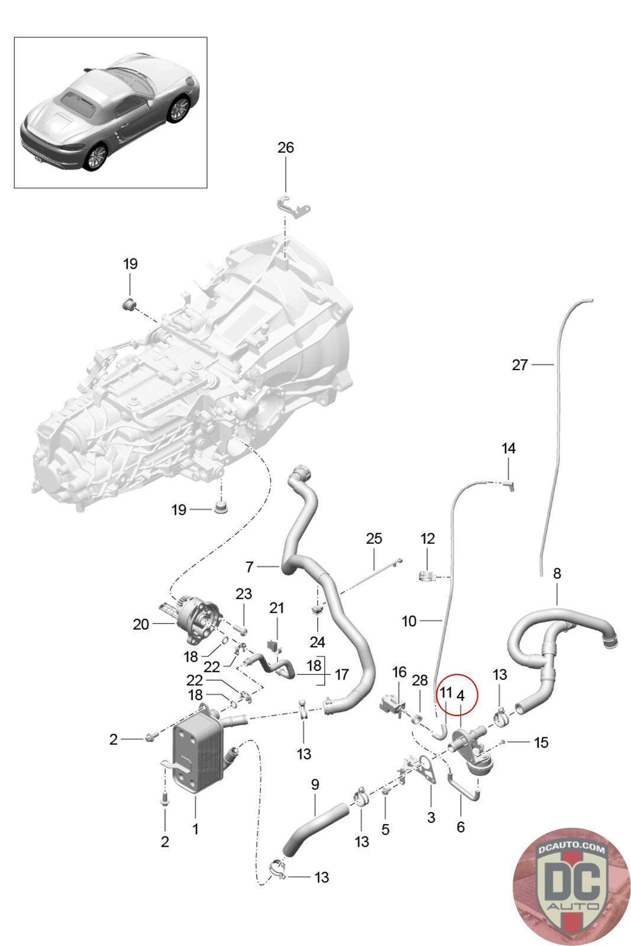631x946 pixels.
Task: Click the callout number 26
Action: (286, 147)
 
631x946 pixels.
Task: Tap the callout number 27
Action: (520, 364)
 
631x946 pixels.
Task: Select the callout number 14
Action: (509, 448)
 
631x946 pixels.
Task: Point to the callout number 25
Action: (374, 539)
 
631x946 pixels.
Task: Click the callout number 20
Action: (141, 624)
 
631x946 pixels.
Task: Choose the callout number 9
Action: (315, 784)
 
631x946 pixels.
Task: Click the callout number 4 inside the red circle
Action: (460, 695)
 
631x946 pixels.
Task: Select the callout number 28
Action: (420, 680)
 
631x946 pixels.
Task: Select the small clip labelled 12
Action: (426, 575)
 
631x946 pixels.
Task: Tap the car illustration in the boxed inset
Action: (110, 112)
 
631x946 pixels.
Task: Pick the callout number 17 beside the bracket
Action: (342, 675)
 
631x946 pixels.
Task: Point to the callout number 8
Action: (556, 574)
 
